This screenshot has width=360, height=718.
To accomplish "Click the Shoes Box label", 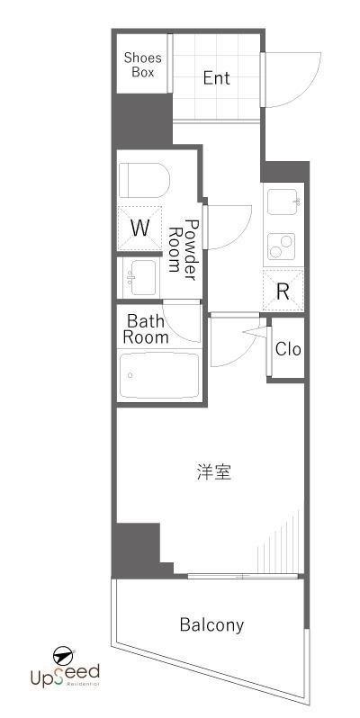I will (142, 64).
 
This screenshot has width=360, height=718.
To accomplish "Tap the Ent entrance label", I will (216, 78).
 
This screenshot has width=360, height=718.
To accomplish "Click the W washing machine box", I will (140, 228).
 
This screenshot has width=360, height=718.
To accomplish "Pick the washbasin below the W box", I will (139, 275).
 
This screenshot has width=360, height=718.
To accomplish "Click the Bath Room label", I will (146, 328).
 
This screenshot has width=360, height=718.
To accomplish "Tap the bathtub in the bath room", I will (159, 375).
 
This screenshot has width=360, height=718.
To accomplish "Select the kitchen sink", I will (283, 203).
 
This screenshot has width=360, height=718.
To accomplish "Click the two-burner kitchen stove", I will (283, 243).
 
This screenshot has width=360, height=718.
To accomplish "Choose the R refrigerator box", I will (283, 291).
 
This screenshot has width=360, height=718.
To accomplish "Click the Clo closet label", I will (288, 349).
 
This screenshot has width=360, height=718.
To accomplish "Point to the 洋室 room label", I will (214, 471).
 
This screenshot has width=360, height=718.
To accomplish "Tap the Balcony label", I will (211, 624).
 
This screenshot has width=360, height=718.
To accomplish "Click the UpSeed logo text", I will (67, 674).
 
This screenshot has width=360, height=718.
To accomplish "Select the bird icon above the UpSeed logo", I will (62, 654).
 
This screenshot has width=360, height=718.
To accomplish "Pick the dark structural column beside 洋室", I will (135, 548).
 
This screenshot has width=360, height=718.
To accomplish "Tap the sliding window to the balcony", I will (243, 576).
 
